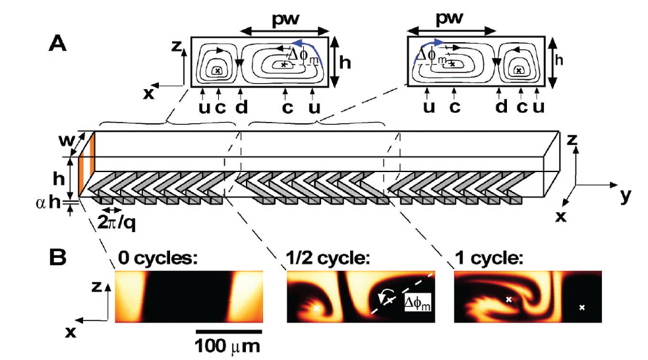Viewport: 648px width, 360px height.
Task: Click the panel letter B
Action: [59, 258]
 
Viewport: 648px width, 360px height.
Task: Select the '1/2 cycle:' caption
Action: [324, 258]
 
